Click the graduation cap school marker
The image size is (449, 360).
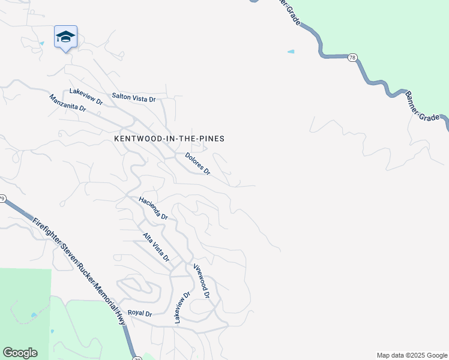point(65,37)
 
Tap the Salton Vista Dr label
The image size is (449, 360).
point(134,97)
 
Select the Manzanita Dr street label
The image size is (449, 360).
point(68,103)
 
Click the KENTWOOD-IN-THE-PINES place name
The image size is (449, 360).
point(169,139)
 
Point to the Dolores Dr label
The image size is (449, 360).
point(197,164)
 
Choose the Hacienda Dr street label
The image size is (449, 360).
point(153,208)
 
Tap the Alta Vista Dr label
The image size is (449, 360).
point(156,247)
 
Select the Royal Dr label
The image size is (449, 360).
point(140,313)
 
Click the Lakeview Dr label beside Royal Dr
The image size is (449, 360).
point(182,308)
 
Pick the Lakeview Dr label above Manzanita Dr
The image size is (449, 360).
point(86,96)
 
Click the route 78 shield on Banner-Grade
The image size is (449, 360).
point(352,58)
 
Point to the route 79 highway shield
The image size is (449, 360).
point(2,199)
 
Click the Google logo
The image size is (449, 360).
point(20,353)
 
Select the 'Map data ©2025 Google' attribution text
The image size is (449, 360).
point(411,355)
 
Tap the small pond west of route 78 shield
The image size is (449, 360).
point(291,52)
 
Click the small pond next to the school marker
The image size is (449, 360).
point(41,44)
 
